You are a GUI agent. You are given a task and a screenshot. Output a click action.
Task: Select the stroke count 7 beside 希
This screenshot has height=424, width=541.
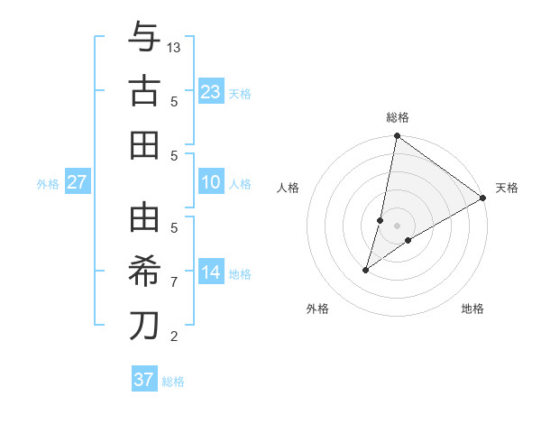coord(174,282)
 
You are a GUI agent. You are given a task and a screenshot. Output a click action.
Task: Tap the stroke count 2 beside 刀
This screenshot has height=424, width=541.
coord(174,336)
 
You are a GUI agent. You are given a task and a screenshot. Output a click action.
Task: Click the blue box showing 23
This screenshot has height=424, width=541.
coord(211,92)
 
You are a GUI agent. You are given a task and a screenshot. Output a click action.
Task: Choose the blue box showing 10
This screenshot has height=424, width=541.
coord(211,183)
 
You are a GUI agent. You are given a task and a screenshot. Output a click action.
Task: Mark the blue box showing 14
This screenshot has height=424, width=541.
coord(211,272)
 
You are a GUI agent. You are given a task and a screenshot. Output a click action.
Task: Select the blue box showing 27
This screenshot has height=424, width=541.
coord(78,183)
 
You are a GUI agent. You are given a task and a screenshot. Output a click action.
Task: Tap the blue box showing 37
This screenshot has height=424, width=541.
coord(144,380)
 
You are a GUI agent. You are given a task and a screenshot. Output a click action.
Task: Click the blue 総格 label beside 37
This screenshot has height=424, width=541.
coord(173,382)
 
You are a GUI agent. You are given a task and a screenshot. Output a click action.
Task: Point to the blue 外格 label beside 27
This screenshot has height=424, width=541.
coord(48,184)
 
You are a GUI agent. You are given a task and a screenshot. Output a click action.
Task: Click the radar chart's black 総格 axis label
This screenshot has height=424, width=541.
coord(398,117)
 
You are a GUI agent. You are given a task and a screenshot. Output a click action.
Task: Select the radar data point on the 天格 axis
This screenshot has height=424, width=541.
coord(483,198)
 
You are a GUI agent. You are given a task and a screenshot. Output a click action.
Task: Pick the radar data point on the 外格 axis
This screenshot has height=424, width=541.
coord(366,270)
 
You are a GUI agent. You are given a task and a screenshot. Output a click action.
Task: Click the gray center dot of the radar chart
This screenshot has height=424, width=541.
coord(398,225)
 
